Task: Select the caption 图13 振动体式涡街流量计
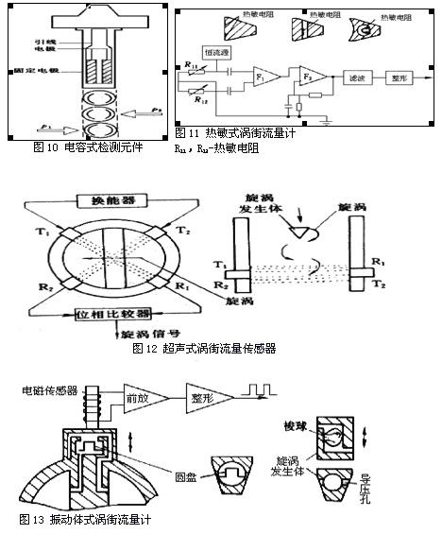pos(86,520)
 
